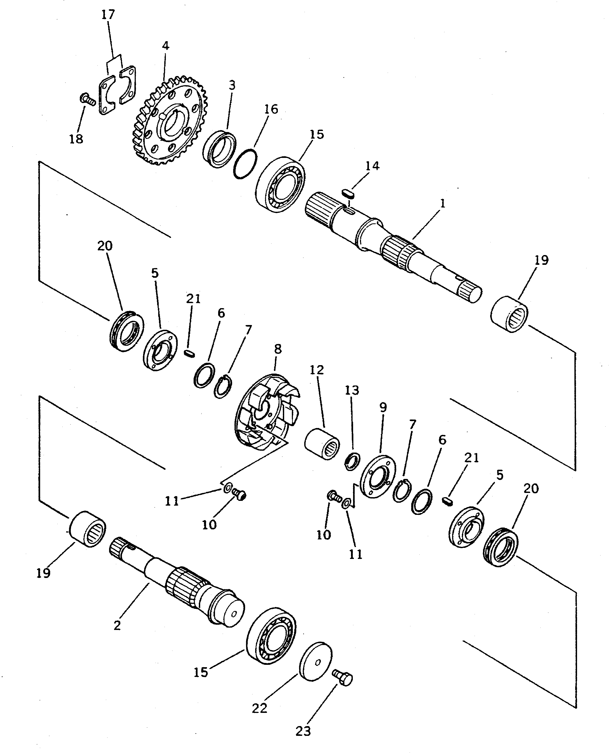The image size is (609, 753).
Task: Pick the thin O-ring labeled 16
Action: tap(245, 164)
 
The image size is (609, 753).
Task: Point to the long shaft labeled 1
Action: tap(393, 246)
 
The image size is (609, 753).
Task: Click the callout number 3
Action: tap(232, 86)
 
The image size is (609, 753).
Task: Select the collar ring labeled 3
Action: tap(219, 149)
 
